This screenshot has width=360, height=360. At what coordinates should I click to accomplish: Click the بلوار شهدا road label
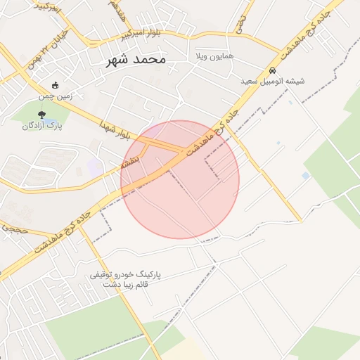click(116, 129)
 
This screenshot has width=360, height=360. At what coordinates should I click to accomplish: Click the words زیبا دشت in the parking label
click(116, 285)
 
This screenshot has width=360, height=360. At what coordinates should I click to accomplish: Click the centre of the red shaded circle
click(180, 179)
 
